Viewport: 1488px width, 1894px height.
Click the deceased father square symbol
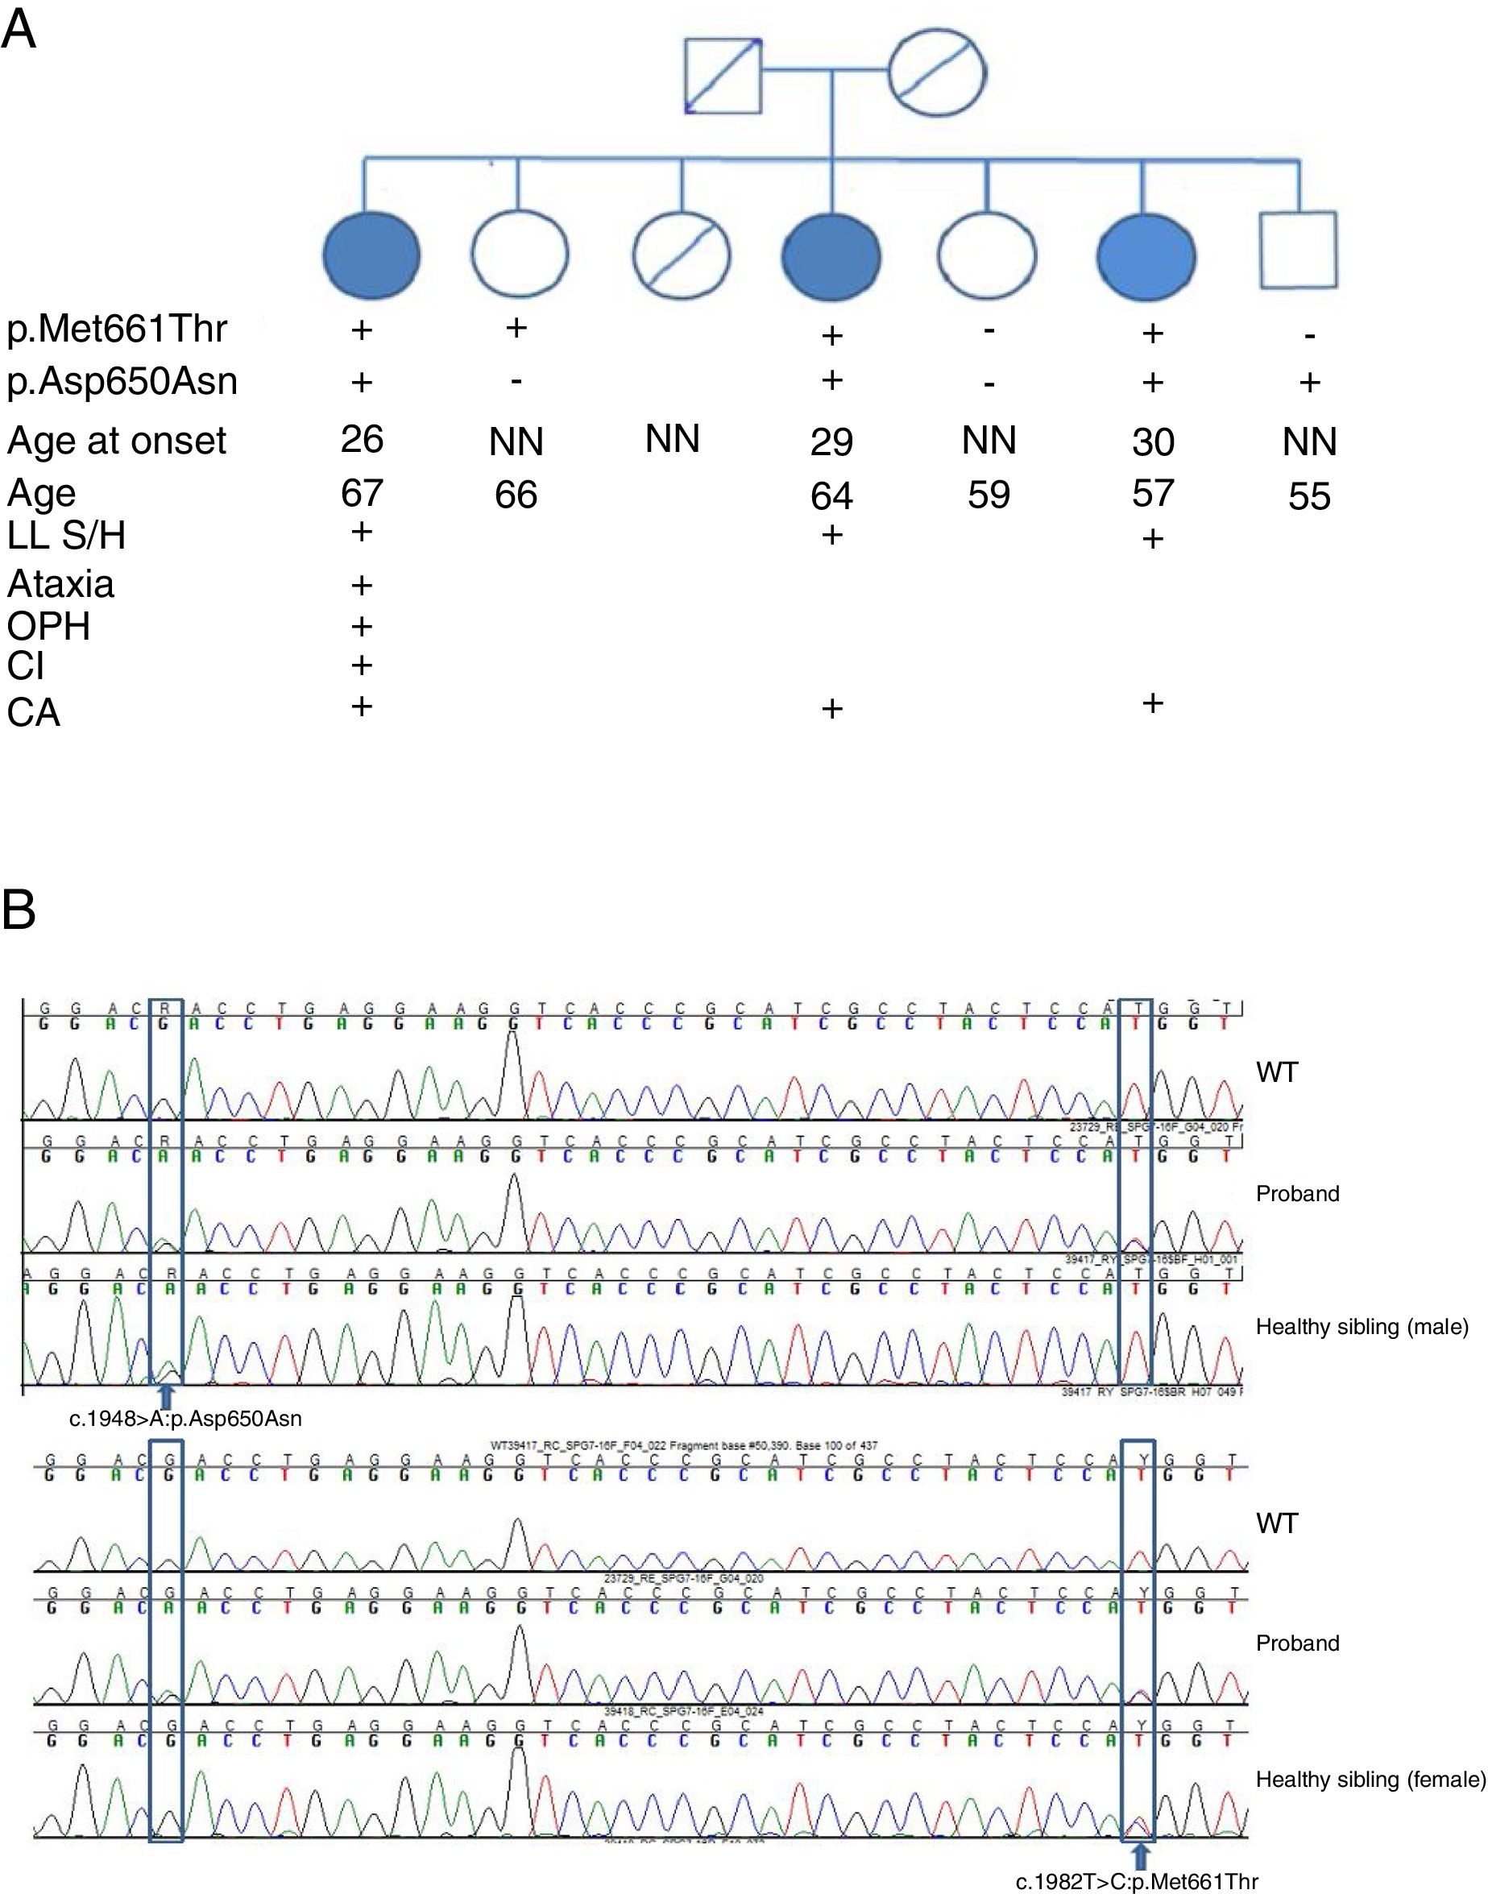tap(722, 76)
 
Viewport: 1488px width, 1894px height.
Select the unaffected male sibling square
tap(1298, 250)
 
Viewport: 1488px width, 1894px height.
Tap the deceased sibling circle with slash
tap(682, 256)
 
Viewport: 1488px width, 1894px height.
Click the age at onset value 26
tap(362, 438)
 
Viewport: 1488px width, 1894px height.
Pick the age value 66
tap(516, 495)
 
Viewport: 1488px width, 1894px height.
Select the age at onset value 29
tap(831, 441)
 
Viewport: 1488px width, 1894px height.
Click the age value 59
tap(988, 495)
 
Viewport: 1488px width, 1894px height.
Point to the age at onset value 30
tap(1153, 441)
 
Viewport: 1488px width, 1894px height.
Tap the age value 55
tap(1308, 496)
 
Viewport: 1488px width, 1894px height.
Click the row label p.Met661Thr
tap(117, 329)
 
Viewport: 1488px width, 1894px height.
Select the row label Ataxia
tap(61, 584)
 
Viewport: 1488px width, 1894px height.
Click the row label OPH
tap(49, 625)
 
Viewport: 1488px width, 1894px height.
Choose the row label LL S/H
tap(66, 536)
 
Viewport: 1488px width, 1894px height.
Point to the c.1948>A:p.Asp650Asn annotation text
tap(185, 1419)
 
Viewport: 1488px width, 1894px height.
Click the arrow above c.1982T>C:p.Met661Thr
tap(1142, 1853)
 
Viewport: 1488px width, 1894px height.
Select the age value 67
tap(362, 493)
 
